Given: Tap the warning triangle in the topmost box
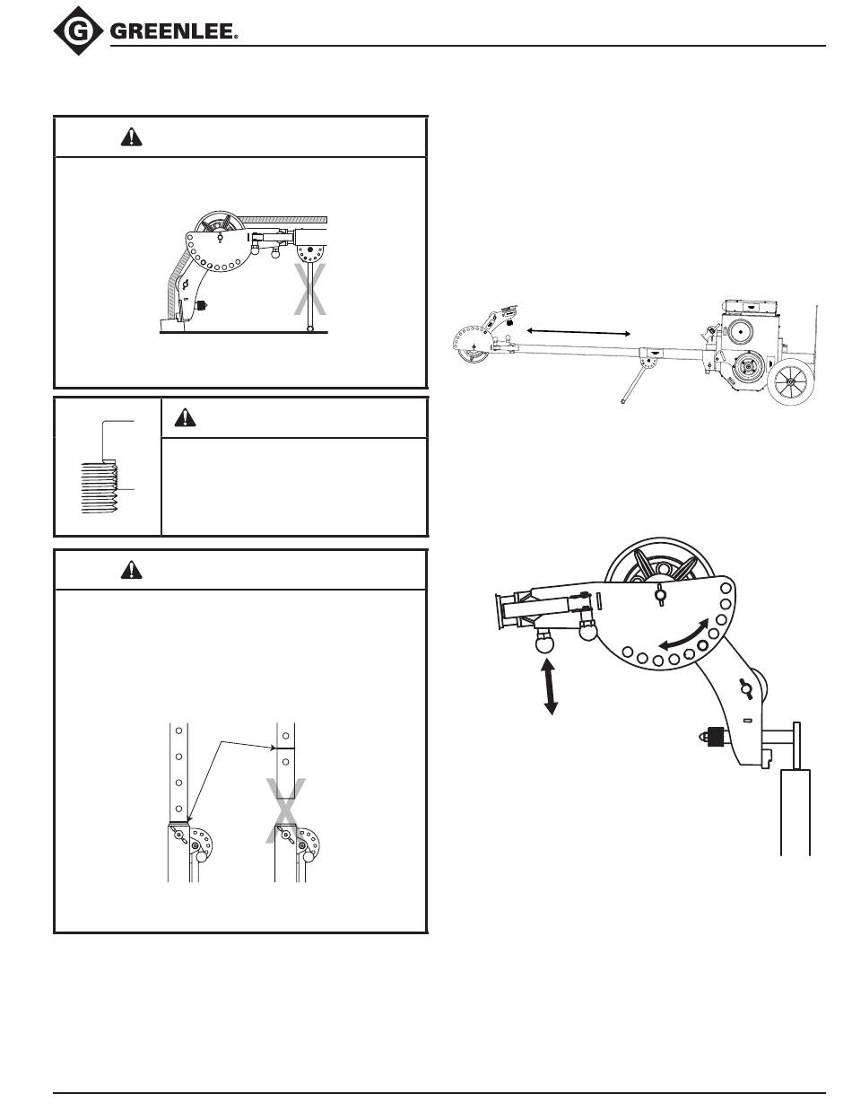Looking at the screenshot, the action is pos(131,136).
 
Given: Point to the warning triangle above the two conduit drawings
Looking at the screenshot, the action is pos(131,570).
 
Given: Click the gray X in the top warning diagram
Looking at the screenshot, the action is pos(310,289).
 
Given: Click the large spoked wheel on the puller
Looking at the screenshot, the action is pos(791,383).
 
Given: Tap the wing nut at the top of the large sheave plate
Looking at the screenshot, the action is pos(661,593).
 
